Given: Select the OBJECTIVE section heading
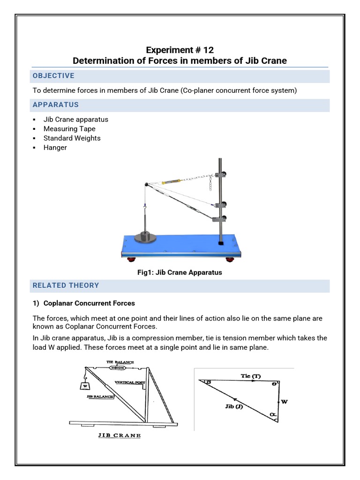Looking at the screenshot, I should click(53, 76).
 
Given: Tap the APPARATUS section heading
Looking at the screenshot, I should click(55, 105).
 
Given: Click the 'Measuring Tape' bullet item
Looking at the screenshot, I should click(69, 129).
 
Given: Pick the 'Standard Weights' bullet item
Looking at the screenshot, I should click(72, 138).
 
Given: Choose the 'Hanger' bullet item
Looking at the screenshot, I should click(55, 148).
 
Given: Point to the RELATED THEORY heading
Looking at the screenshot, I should click(66, 285).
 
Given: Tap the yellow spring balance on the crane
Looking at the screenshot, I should click(171, 181).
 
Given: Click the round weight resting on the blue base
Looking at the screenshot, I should click(145, 237).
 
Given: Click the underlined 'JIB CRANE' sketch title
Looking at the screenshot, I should click(120, 435).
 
